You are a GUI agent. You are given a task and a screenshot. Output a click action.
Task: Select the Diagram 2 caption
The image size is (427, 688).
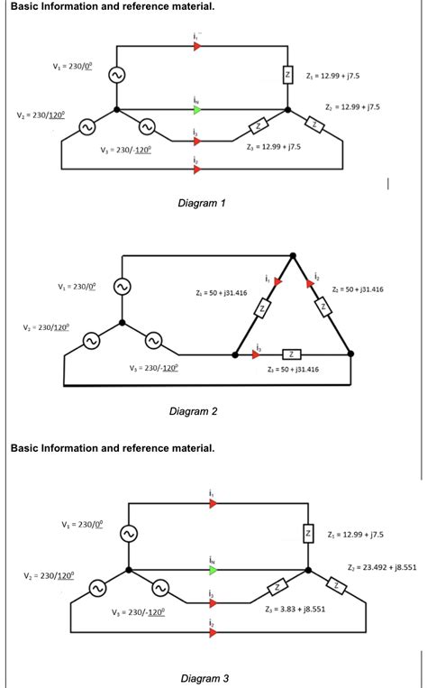[x=194, y=412]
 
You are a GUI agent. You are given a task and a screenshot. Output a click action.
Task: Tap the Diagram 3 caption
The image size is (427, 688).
[x=204, y=678]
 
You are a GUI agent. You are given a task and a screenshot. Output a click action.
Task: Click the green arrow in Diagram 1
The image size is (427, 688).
[x=196, y=111]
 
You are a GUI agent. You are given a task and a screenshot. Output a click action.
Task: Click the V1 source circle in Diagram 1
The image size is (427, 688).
[x=115, y=78]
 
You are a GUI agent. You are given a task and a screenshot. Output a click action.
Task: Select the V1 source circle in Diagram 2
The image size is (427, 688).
[x=122, y=286]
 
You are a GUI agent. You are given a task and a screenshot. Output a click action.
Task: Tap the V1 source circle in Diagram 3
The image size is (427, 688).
[x=128, y=535]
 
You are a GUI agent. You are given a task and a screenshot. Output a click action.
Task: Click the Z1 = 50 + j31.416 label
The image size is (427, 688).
[x=221, y=293]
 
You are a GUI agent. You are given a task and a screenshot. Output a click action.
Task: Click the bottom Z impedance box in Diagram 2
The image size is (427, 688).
[x=291, y=353]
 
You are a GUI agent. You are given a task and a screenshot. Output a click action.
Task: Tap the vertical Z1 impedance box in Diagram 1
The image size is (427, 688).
[x=286, y=76]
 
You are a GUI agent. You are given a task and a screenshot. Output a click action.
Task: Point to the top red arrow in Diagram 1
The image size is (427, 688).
[x=196, y=45]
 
